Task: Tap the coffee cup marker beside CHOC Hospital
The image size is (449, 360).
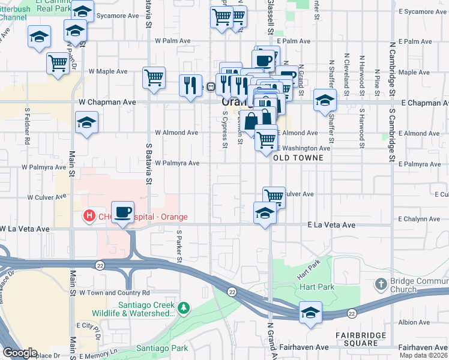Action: (123, 212)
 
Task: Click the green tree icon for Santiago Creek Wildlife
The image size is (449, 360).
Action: (184, 308)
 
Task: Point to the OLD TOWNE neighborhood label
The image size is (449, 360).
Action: (298, 158)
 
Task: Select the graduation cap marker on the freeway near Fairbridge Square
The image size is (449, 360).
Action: (310, 313)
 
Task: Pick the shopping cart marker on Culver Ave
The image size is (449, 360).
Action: (274, 196)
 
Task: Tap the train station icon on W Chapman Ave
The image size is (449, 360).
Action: (211, 86)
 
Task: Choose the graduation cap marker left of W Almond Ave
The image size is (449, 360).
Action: (86, 123)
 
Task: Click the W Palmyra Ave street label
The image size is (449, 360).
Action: (177, 163)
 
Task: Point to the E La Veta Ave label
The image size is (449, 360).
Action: (331, 225)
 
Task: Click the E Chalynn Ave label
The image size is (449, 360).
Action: (423, 220)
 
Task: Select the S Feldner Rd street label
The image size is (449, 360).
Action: (28, 126)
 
